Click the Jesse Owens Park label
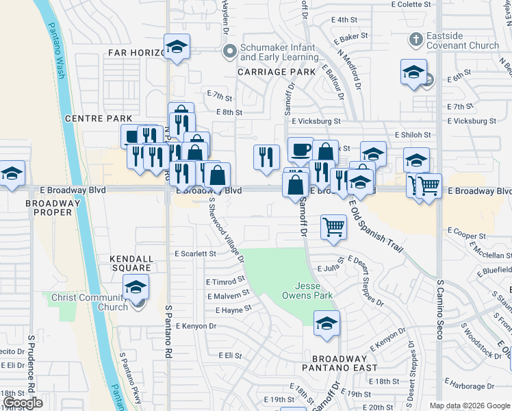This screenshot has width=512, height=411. pyautogui.click(x=308, y=290)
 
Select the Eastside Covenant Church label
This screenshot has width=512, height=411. pyautogui.click(x=463, y=40)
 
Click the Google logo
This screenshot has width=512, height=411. pyautogui.click(x=23, y=403)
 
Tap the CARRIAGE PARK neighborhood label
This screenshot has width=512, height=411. pyautogui.click(x=277, y=71)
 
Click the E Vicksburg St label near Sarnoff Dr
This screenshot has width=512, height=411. pyautogui.click(x=316, y=121)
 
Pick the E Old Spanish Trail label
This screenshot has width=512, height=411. pyautogui.click(x=376, y=224)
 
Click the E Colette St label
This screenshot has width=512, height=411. pyautogui.click(x=411, y=4)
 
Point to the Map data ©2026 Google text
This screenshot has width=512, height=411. pyautogui.click(x=469, y=406)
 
